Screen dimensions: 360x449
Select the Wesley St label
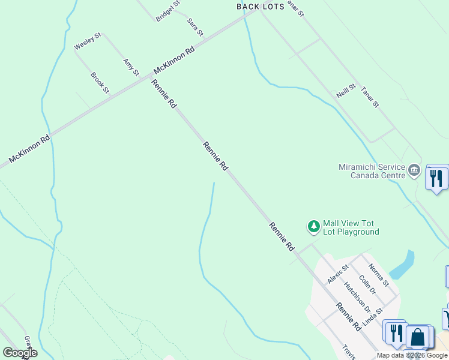[88, 41]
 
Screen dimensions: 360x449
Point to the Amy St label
[131, 67]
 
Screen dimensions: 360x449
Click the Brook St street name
[100, 83]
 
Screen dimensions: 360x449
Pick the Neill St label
[346, 91]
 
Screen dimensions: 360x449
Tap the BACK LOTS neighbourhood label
[261, 7]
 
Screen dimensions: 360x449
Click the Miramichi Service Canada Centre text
[372, 171]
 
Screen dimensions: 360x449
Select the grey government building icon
[414, 171]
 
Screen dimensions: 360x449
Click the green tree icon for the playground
[313, 226]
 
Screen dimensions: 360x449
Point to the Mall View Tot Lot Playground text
[351, 227]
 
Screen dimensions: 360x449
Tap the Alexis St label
[338, 275]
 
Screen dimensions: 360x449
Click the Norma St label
[378, 275]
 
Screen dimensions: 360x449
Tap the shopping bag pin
[418, 337]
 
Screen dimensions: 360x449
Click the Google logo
[20, 353]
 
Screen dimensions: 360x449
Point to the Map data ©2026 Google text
[412, 355]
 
